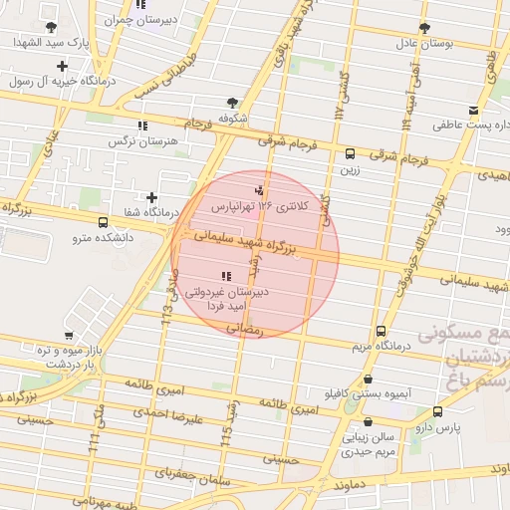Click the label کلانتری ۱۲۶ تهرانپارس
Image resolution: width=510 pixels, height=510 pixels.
260,205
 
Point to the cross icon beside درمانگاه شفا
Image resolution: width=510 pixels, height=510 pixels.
151,198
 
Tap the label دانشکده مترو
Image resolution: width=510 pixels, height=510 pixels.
105,238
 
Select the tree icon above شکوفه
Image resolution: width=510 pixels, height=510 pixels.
233,102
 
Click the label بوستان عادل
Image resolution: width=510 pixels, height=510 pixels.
427,43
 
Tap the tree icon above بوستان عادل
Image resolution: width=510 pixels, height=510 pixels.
424,28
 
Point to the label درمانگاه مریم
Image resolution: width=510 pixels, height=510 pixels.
378,347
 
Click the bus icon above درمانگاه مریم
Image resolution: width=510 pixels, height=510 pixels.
381,332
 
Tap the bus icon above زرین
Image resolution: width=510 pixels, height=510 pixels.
350,154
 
